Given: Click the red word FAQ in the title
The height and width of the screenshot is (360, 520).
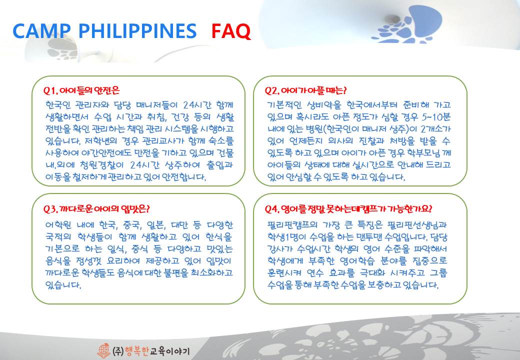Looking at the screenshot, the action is (231, 31).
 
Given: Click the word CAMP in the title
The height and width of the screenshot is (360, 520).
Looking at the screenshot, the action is (41, 31).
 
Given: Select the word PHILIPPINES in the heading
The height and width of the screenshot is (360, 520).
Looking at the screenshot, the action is (137, 31).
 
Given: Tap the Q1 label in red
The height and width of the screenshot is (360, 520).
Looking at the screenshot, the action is (50, 90).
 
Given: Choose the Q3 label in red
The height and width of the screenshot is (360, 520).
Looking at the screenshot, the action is (51, 209).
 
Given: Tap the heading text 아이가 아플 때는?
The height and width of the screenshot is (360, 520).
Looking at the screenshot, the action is (313, 90).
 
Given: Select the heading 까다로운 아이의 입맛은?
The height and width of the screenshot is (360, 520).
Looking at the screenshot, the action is (105, 209).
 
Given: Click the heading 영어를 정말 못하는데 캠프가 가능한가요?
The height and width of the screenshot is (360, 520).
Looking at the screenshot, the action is (357, 209).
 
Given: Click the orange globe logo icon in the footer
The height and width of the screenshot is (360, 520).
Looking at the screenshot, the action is (103, 350).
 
